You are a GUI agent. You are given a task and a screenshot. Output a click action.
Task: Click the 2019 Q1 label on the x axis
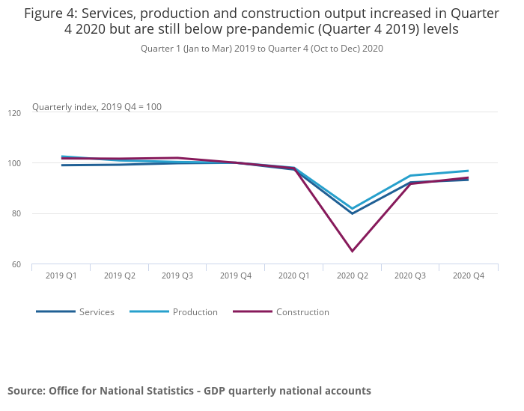coord(61,275)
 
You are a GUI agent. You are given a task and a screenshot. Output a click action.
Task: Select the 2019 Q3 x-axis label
coord(177,275)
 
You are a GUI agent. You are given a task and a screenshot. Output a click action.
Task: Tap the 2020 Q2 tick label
coord(352,275)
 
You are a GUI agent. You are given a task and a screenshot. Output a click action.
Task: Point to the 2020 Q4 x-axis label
coord(469,275)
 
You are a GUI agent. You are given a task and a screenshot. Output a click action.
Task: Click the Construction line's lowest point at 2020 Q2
coord(352,251)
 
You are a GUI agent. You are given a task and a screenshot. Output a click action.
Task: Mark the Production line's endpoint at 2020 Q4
coord(469,171)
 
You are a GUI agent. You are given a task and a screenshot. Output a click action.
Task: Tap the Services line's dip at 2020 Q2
coord(352,213)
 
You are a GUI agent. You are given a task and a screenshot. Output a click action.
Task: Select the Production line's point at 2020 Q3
coord(410,176)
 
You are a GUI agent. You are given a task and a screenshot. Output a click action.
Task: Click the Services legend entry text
coord(97,312)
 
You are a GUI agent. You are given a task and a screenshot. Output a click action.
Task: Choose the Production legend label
coord(195,312)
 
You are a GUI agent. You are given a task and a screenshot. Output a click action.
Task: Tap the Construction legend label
coord(302,312)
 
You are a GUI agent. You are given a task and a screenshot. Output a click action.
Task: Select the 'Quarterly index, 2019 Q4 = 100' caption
coord(97,107)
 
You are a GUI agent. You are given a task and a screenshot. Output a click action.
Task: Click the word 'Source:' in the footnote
coord(26,391)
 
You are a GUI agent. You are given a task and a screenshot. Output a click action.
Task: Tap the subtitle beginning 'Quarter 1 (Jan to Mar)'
coord(262,49)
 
